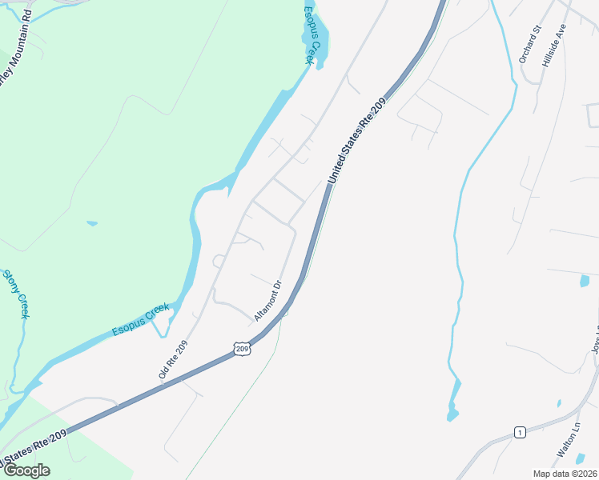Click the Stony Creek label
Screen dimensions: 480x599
click(x=15, y=294)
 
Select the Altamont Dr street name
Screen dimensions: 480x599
click(x=268, y=301)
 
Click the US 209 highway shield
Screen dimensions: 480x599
click(x=243, y=349)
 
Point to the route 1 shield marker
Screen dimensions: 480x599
click(x=520, y=433)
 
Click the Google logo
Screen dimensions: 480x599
click(x=26, y=470)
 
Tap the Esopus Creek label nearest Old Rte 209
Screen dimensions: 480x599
click(x=141, y=319)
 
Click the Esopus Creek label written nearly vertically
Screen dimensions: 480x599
click(x=312, y=35)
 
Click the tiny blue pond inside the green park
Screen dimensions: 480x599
click(x=92, y=223)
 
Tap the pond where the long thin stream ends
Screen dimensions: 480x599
click(x=452, y=414)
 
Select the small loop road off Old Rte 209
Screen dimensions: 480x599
click(x=216, y=261)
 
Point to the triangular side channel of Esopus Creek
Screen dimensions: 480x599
click(x=161, y=323)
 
